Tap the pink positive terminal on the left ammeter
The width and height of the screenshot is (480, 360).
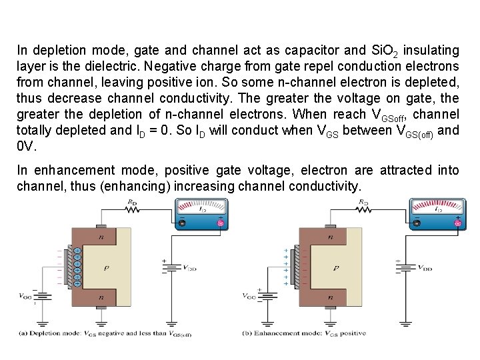pyautogui.click(x=221, y=223)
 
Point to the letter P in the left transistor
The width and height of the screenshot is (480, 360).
pyautogui.click(x=105, y=268)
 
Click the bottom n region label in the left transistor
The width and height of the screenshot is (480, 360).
pyautogui.click(x=102, y=298)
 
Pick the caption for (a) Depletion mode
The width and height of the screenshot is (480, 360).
pyautogui.click(x=104, y=333)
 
